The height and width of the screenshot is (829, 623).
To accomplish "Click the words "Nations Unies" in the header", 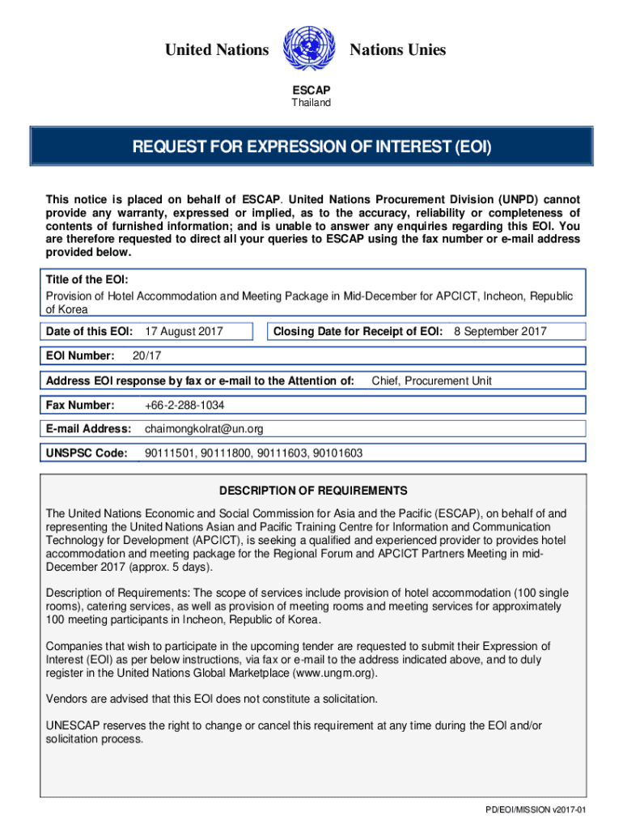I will (x=397, y=50).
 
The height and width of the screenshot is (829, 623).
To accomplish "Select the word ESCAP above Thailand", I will (x=311, y=91).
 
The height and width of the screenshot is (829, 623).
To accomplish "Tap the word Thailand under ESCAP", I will (x=311, y=103).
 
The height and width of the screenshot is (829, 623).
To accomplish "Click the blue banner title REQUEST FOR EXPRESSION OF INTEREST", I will (x=311, y=147).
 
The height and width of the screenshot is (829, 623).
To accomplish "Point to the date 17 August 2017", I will (x=184, y=331).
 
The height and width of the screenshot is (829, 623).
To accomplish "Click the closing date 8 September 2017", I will (x=500, y=331).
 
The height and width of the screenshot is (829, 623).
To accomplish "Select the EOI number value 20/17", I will (x=144, y=356).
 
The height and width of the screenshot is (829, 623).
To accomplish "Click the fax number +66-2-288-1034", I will (x=184, y=405).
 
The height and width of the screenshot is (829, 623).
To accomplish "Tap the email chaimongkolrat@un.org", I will (x=204, y=429).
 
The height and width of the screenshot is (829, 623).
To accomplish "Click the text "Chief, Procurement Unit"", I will (x=431, y=380).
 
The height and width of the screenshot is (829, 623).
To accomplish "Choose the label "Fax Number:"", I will (x=80, y=405).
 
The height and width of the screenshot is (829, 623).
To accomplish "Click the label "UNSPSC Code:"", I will (x=87, y=453).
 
